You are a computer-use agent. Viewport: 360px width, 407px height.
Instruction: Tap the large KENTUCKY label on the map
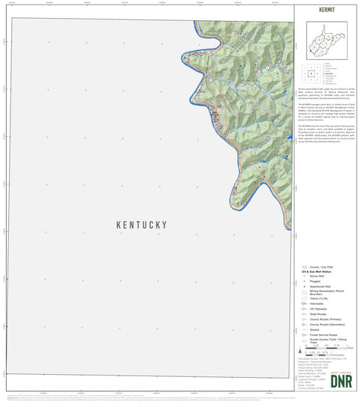coord(142,225)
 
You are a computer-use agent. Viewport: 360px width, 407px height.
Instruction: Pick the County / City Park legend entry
coord(319,267)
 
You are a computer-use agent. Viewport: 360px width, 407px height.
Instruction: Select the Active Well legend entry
coord(316,277)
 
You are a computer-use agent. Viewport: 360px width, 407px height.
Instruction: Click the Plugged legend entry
coord(314,282)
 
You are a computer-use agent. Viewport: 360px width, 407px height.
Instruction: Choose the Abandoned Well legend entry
coord(318,288)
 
